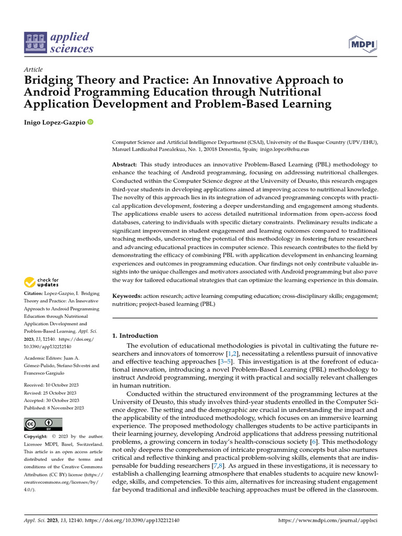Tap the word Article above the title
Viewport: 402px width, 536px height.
(33, 70)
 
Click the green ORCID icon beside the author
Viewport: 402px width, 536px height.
(90, 122)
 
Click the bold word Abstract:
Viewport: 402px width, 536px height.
(128, 164)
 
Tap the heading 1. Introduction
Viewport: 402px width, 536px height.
(136, 336)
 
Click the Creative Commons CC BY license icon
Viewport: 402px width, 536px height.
(43, 424)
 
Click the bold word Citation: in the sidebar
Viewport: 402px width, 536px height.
(36, 295)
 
